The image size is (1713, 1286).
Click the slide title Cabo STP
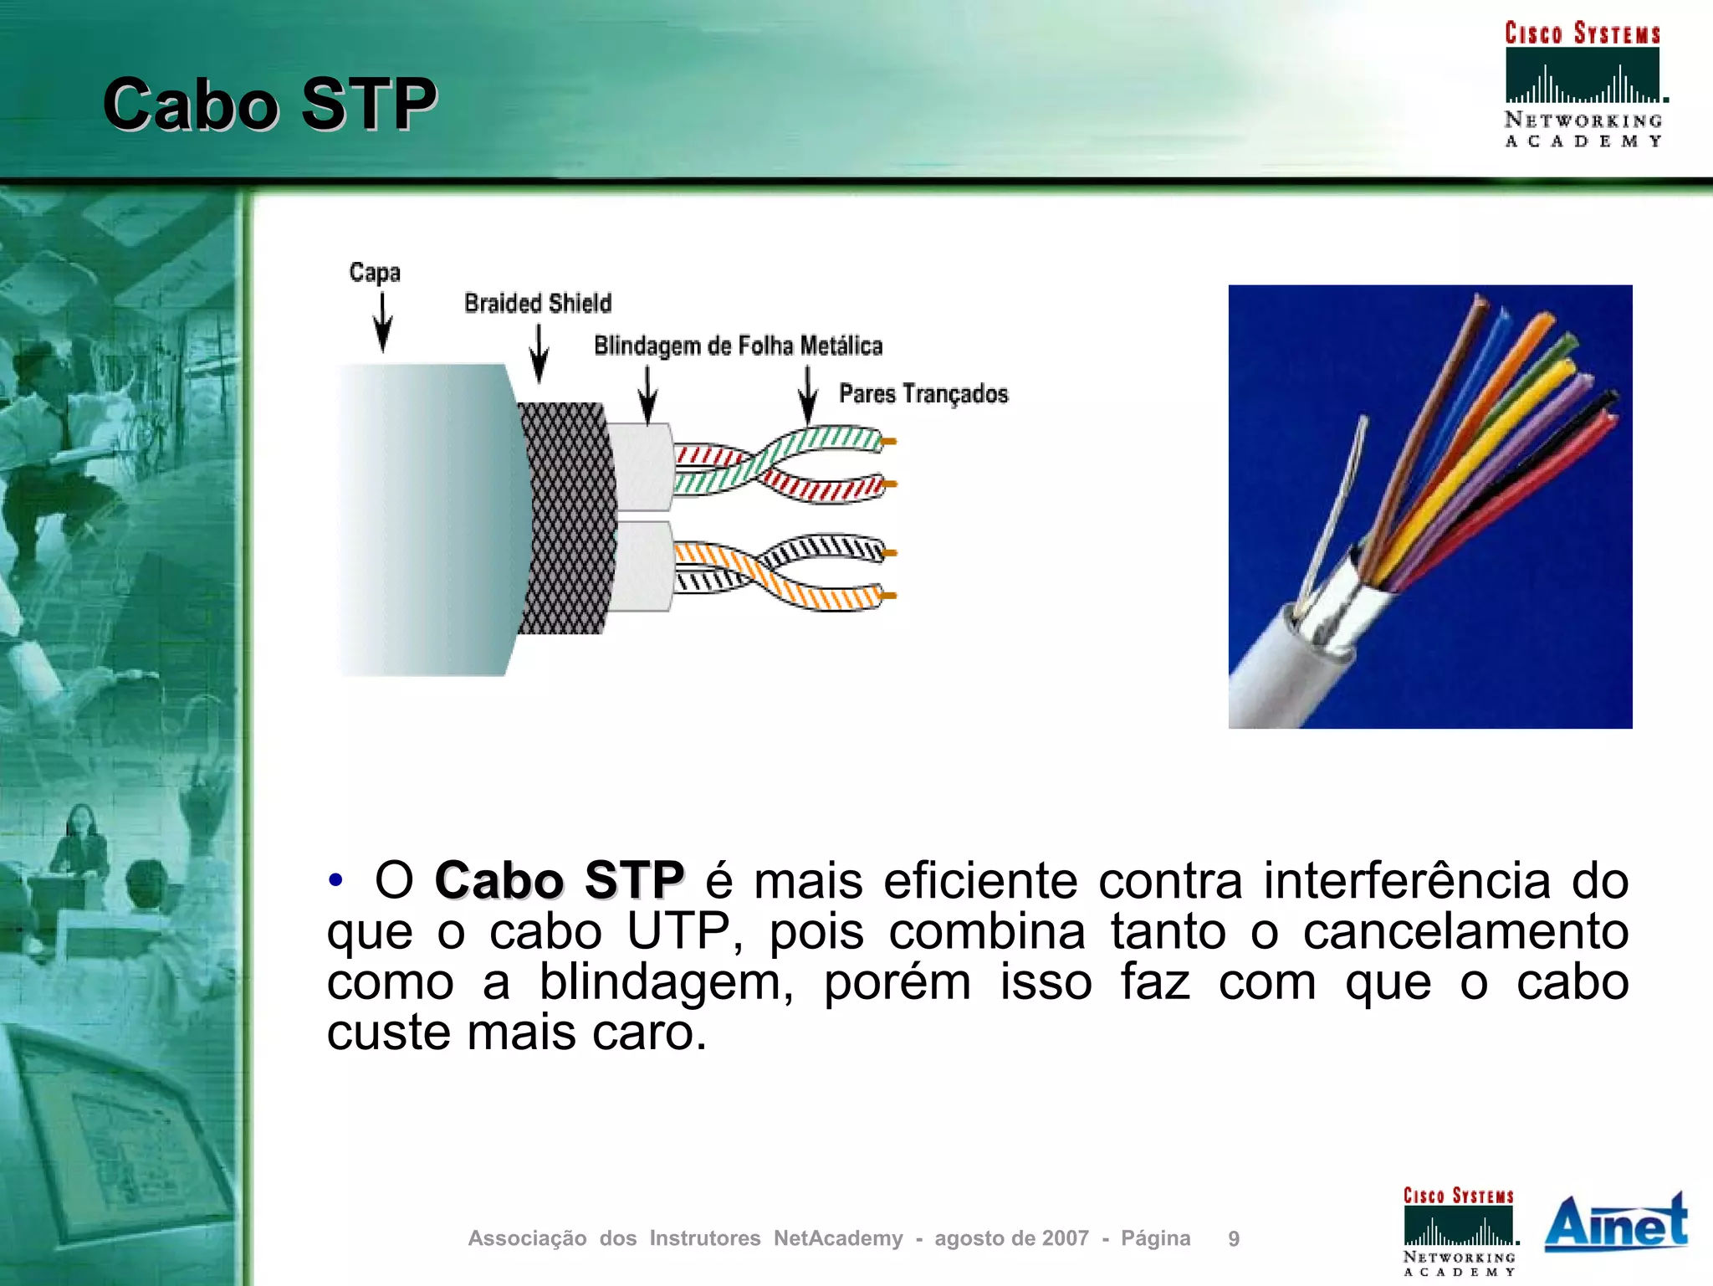[269, 105]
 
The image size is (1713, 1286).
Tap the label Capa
[375, 273]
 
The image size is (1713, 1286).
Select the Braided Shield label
[538, 303]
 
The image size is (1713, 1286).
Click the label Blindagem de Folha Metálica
[738, 346]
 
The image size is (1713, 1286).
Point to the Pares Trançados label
[923, 393]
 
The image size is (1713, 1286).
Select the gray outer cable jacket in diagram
[427, 519]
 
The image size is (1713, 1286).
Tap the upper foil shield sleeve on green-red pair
[641, 467]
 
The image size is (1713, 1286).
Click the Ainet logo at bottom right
[1615, 1223]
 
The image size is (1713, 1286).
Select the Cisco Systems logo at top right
[1583, 84]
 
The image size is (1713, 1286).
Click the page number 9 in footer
[1234, 1238]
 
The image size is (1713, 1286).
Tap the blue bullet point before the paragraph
[335, 880]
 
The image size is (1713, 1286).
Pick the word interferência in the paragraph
[1407, 881]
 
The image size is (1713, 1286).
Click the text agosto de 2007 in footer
[1011, 1238]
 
